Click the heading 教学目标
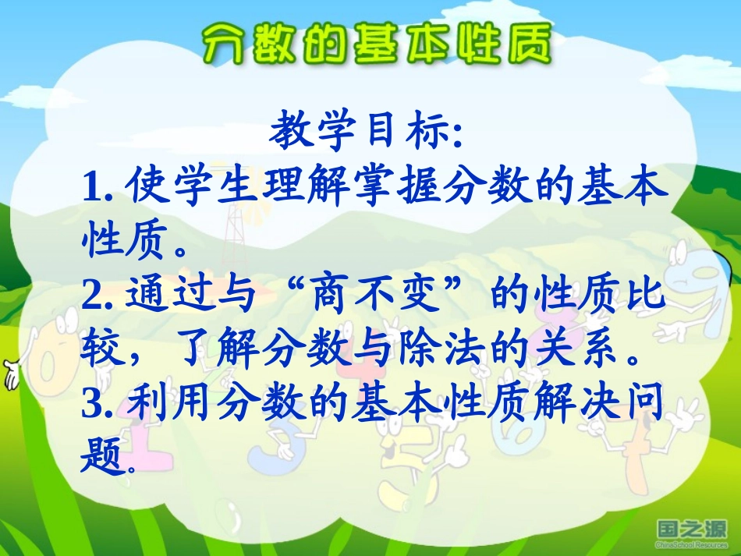pyautogui.click(x=367, y=134)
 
